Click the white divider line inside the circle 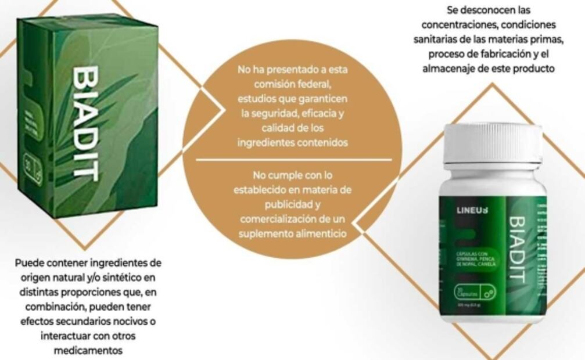tap(293, 159)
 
